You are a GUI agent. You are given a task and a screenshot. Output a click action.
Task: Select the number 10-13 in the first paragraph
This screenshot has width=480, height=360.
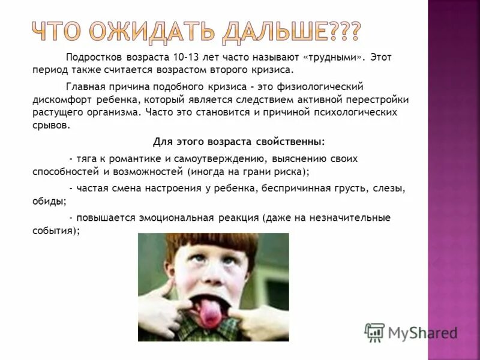187,57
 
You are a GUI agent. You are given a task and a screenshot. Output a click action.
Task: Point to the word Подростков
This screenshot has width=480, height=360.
95,57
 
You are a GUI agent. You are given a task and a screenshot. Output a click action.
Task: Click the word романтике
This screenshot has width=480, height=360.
129,159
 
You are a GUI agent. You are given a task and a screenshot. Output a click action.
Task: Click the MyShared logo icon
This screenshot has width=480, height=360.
374,332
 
